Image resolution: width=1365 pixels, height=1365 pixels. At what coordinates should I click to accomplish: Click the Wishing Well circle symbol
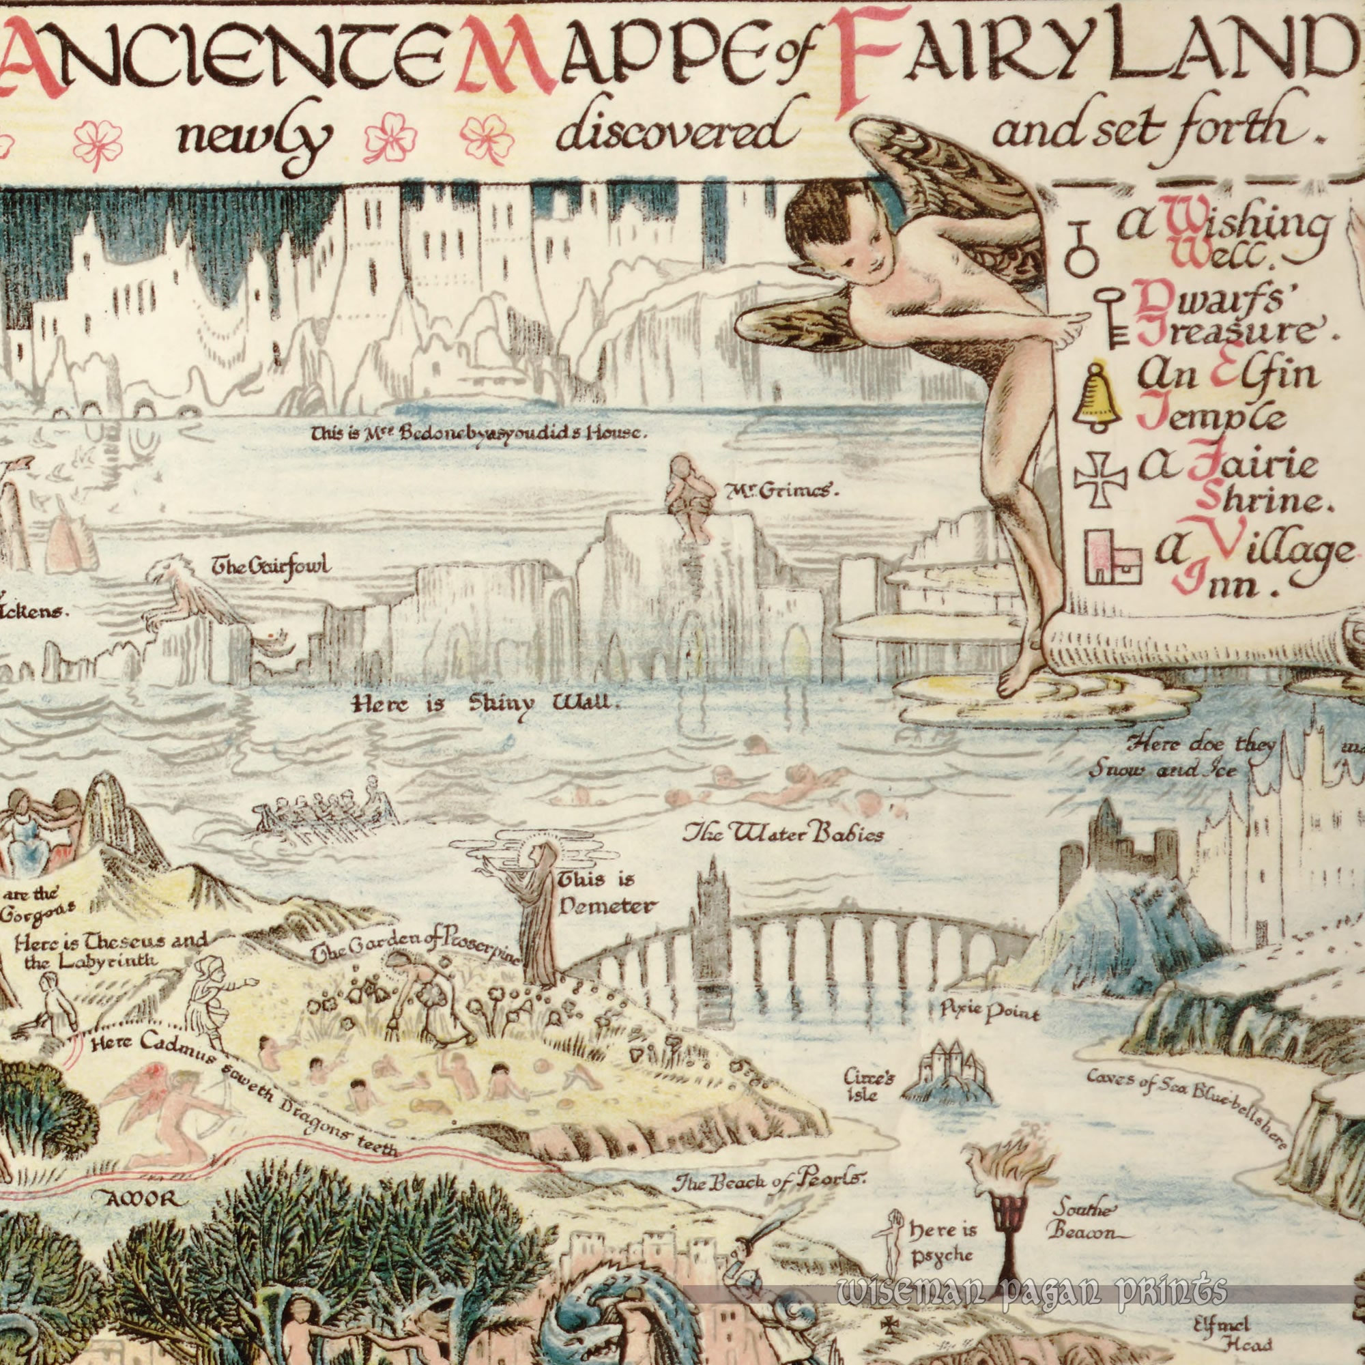pos(1078,250)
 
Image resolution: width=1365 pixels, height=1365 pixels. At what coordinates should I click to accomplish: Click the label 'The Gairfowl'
pos(272,566)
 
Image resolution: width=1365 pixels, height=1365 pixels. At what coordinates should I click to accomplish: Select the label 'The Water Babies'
pos(782,835)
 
